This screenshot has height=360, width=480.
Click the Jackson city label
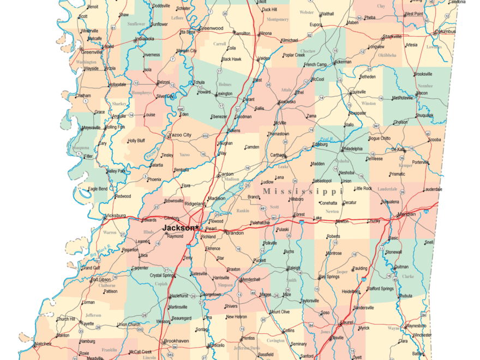[178, 227]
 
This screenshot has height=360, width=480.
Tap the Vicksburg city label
[115, 215]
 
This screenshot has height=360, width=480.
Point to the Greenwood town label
[211, 28]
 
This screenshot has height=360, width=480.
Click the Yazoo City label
[181, 135]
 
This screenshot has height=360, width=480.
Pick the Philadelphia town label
[352, 149]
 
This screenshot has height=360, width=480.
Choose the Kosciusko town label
[286, 102]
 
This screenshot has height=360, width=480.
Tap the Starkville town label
[392, 37]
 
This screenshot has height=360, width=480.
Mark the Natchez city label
[42, 344]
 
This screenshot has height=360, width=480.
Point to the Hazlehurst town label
[179, 296]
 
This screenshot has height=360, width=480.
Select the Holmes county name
[225, 85]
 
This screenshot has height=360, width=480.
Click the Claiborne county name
[107, 285]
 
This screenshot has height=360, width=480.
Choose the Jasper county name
[342, 271]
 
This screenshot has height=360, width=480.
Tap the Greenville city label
[92, 52]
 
